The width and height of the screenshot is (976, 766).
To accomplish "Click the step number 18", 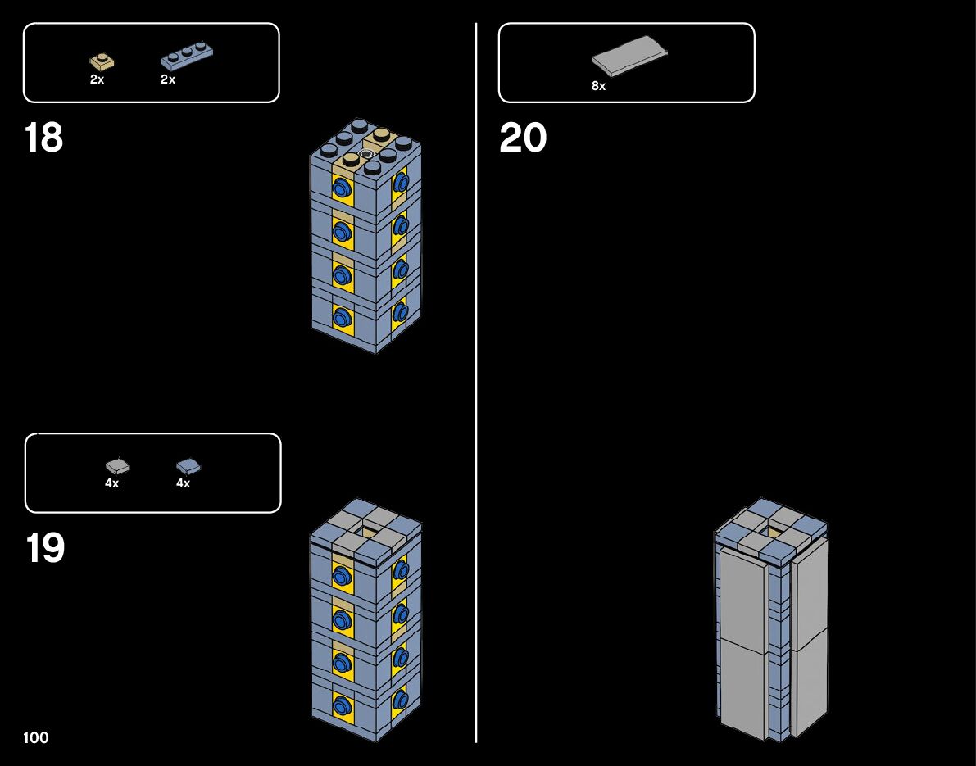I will tap(43, 138).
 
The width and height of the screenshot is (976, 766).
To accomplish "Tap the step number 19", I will tap(44, 548).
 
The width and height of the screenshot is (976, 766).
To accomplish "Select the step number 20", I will tap(522, 138).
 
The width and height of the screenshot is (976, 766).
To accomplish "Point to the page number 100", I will tap(36, 738).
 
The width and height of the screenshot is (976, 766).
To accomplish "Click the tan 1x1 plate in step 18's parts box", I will tap(102, 61).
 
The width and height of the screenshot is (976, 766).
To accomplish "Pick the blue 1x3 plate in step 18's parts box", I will tap(188, 56).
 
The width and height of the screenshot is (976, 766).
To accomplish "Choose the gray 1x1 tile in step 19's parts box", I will tap(117, 466).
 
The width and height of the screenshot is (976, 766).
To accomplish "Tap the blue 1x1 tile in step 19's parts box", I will tap(188, 466).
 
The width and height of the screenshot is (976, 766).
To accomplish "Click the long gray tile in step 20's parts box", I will tap(629, 57).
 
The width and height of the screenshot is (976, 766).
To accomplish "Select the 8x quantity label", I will tap(598, 86).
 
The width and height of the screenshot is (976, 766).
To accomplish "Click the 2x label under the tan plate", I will tap(97, 80).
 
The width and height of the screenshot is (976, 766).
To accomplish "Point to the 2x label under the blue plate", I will tap(168, 80).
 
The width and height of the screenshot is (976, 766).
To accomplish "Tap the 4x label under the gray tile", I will tap(111, 483).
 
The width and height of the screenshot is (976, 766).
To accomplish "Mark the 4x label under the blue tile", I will tap(183, 483).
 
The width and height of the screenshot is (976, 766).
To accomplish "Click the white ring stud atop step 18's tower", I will tap(365, 152).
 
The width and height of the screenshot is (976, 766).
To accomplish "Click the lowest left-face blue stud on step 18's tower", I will tap(340, 316).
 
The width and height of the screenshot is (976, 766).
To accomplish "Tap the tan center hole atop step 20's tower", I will tap(770, 533).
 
